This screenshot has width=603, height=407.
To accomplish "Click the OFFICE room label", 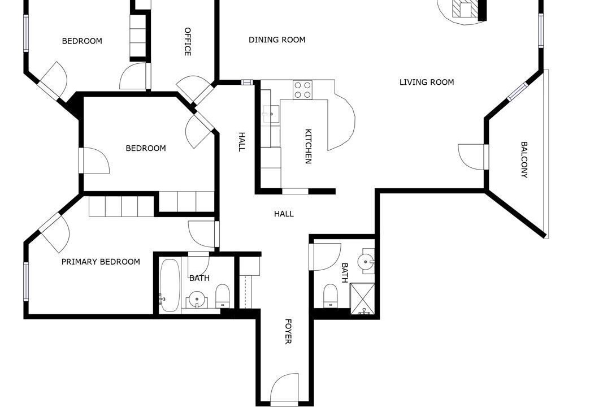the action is (188, 41).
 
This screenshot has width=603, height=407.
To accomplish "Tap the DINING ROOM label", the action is (277, 40).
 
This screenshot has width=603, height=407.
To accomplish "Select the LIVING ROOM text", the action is (427, 82).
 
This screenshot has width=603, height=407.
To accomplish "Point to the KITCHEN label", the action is (308, 146).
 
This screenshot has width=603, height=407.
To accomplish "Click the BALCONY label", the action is (524, 159).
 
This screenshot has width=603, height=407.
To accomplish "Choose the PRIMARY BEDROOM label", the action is (101, 262).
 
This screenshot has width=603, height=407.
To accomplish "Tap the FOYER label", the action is (288, 331).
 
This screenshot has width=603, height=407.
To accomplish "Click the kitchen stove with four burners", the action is (302, 90).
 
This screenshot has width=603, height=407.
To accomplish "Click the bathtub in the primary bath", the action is (169, 285).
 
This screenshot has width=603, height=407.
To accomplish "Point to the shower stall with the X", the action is (362, 298).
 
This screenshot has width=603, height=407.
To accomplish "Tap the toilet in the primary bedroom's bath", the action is (222, 296).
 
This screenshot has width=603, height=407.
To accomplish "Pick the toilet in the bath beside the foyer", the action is (331, 296).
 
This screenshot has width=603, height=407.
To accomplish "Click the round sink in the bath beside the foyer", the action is (366, 261).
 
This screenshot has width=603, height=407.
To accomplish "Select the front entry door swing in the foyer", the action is (284, 388).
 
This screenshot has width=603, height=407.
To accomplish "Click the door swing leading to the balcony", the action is (471, 157).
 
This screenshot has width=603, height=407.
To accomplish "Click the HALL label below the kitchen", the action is (284, 214).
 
